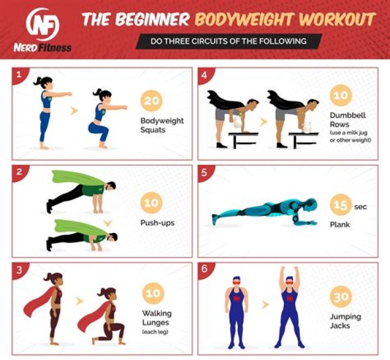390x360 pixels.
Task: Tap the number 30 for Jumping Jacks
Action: coord(341,297)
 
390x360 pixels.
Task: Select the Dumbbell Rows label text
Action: coord(341,120)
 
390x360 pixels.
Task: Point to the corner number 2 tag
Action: coord(19,172)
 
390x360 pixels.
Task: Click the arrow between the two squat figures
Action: coord(74,111)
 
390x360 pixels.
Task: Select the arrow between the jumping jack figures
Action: coord(265,305)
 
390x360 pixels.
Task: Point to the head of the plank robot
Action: coord(309,204)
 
